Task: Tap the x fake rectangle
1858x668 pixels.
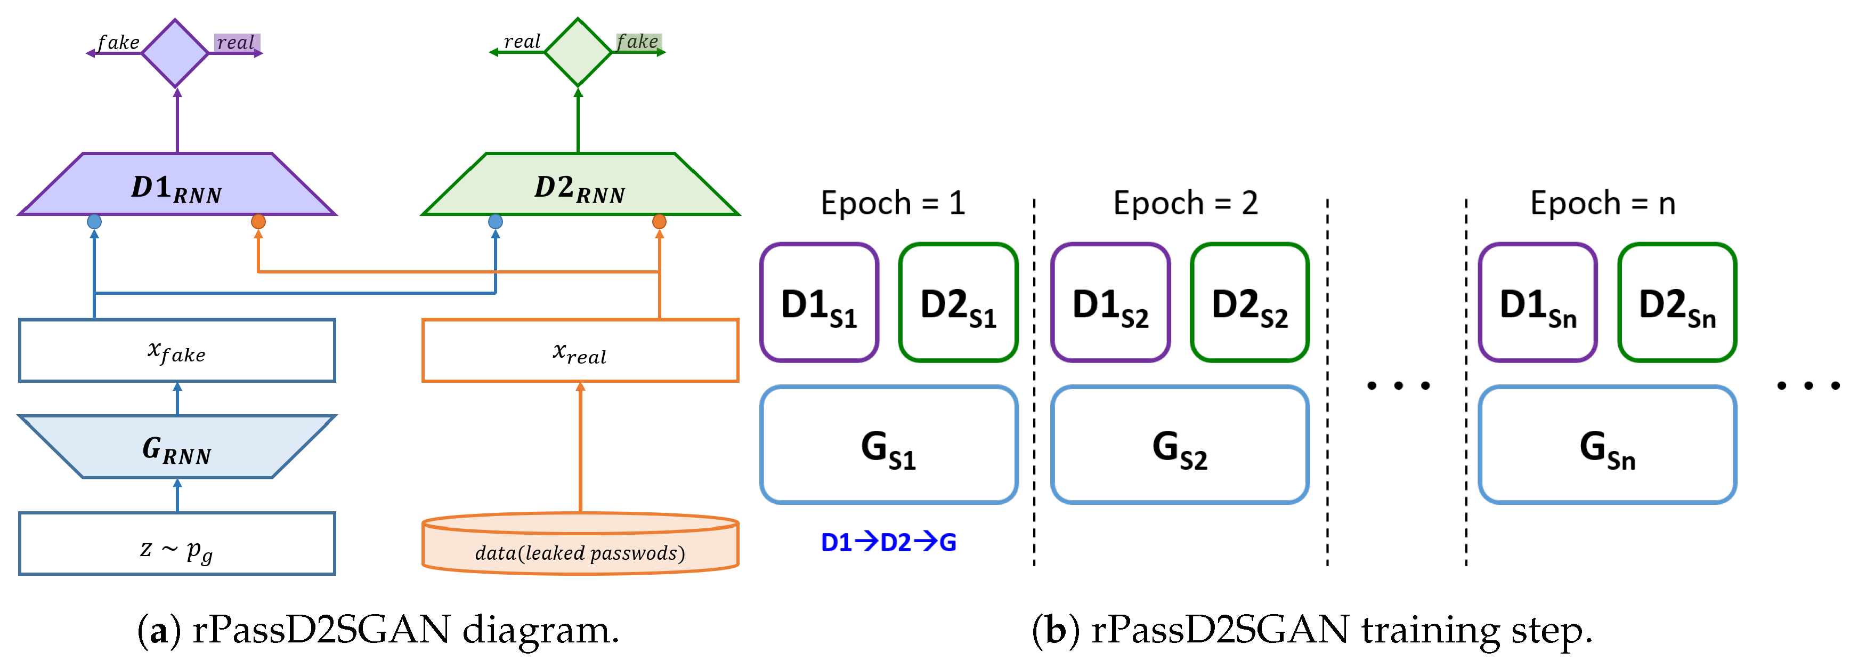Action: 177,351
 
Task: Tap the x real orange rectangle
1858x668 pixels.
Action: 579,351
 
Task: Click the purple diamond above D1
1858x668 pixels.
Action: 175,53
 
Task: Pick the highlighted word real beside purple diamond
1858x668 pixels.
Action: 236,43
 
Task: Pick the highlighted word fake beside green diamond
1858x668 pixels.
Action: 638,42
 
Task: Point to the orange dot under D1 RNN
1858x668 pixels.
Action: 258,221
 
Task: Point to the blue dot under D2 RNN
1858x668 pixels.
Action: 496,221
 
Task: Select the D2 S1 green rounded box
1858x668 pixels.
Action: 958,303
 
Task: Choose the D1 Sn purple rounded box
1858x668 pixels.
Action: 1537,303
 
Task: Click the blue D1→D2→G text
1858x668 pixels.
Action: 889,542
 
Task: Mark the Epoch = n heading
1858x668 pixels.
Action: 1603,204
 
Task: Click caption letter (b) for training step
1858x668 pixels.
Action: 1055,630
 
